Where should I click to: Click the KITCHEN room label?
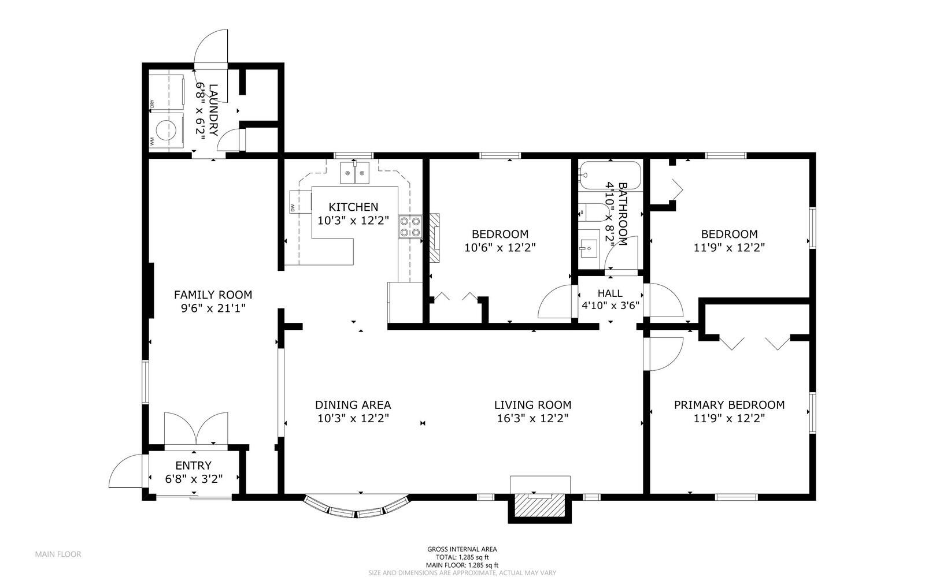[353, 207]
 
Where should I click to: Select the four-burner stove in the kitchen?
[410, 226]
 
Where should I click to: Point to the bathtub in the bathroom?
[610, 176]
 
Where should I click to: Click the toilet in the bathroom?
[590, 213]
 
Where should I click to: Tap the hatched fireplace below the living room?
[539, 507]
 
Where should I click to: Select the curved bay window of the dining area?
[356, 508]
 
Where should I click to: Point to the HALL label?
[610, 293]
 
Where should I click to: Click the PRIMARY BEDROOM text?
[729, 405]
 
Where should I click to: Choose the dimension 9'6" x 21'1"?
[213, 308]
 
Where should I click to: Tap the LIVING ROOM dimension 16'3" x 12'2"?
[532, 419]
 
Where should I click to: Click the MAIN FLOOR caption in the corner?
[58, 554]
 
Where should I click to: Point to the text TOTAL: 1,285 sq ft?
[462, 557]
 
